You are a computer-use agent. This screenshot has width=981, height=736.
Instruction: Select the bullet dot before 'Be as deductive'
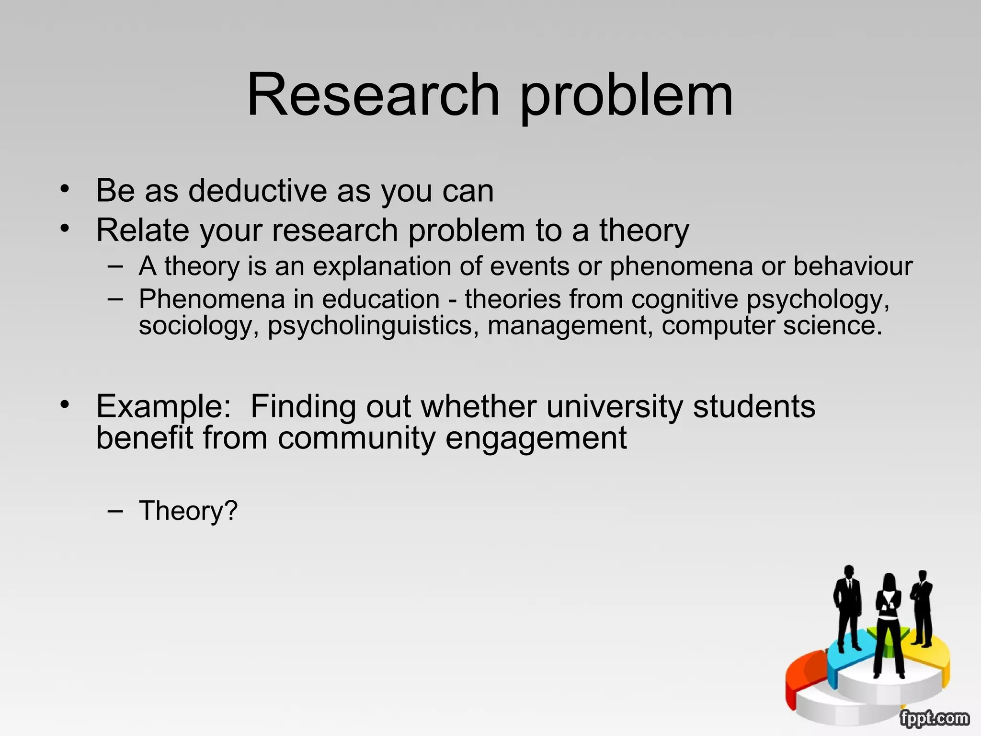65,188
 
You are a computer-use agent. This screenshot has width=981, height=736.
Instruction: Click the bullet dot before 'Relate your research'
65,228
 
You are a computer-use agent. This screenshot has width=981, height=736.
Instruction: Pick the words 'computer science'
771,326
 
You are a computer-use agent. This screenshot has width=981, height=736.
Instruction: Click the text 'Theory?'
188,511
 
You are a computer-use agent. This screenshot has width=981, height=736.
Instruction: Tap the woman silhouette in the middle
889,623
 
